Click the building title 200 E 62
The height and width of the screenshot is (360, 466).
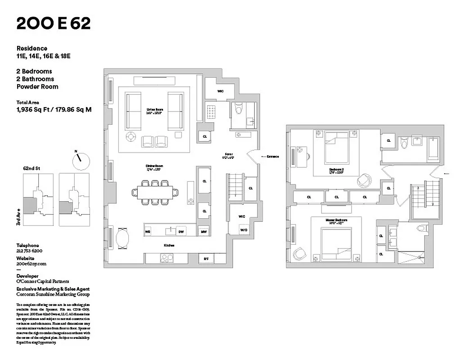(x=53, y=23)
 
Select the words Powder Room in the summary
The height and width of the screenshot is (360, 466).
(x=37, y=86)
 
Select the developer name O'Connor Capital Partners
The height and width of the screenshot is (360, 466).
(x=43, y=281)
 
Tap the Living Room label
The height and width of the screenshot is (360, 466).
(x=154, y=111)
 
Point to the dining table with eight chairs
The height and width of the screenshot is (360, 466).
(x=154, y=192)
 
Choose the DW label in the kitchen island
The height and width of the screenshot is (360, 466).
(x=181, y=231)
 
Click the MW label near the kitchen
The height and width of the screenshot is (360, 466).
(x=204, y=231)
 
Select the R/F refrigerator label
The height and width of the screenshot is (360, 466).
(x=206, y=259)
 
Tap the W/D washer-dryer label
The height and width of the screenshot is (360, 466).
(x=243, y=229)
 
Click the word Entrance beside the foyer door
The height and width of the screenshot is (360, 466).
(x=272, y=157)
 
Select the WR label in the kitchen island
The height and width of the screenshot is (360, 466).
(x=147, y=231)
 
